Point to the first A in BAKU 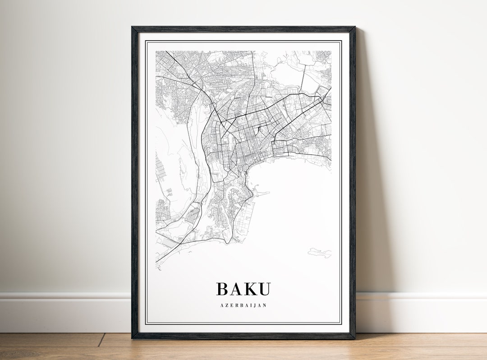click(236, 289)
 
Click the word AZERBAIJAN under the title click(243, 305)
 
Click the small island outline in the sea click(320, 253)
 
